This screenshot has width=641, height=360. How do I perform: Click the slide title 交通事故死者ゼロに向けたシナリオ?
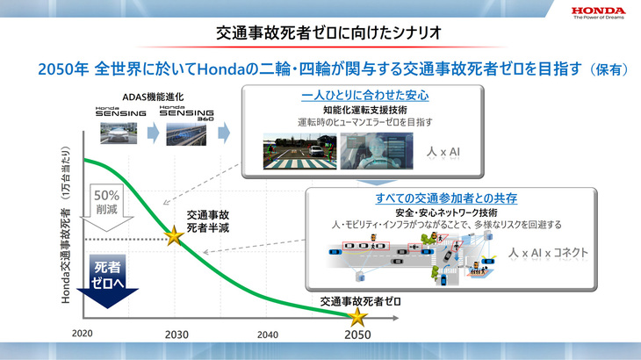320,33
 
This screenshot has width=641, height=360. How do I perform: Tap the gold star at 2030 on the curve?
174,235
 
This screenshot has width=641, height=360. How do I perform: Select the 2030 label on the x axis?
176,335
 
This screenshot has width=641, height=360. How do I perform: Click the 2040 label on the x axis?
269,335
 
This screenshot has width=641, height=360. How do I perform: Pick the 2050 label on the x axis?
357,335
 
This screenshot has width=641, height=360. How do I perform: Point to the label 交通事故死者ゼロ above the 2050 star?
360,300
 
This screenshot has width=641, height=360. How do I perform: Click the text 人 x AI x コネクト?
549,252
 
